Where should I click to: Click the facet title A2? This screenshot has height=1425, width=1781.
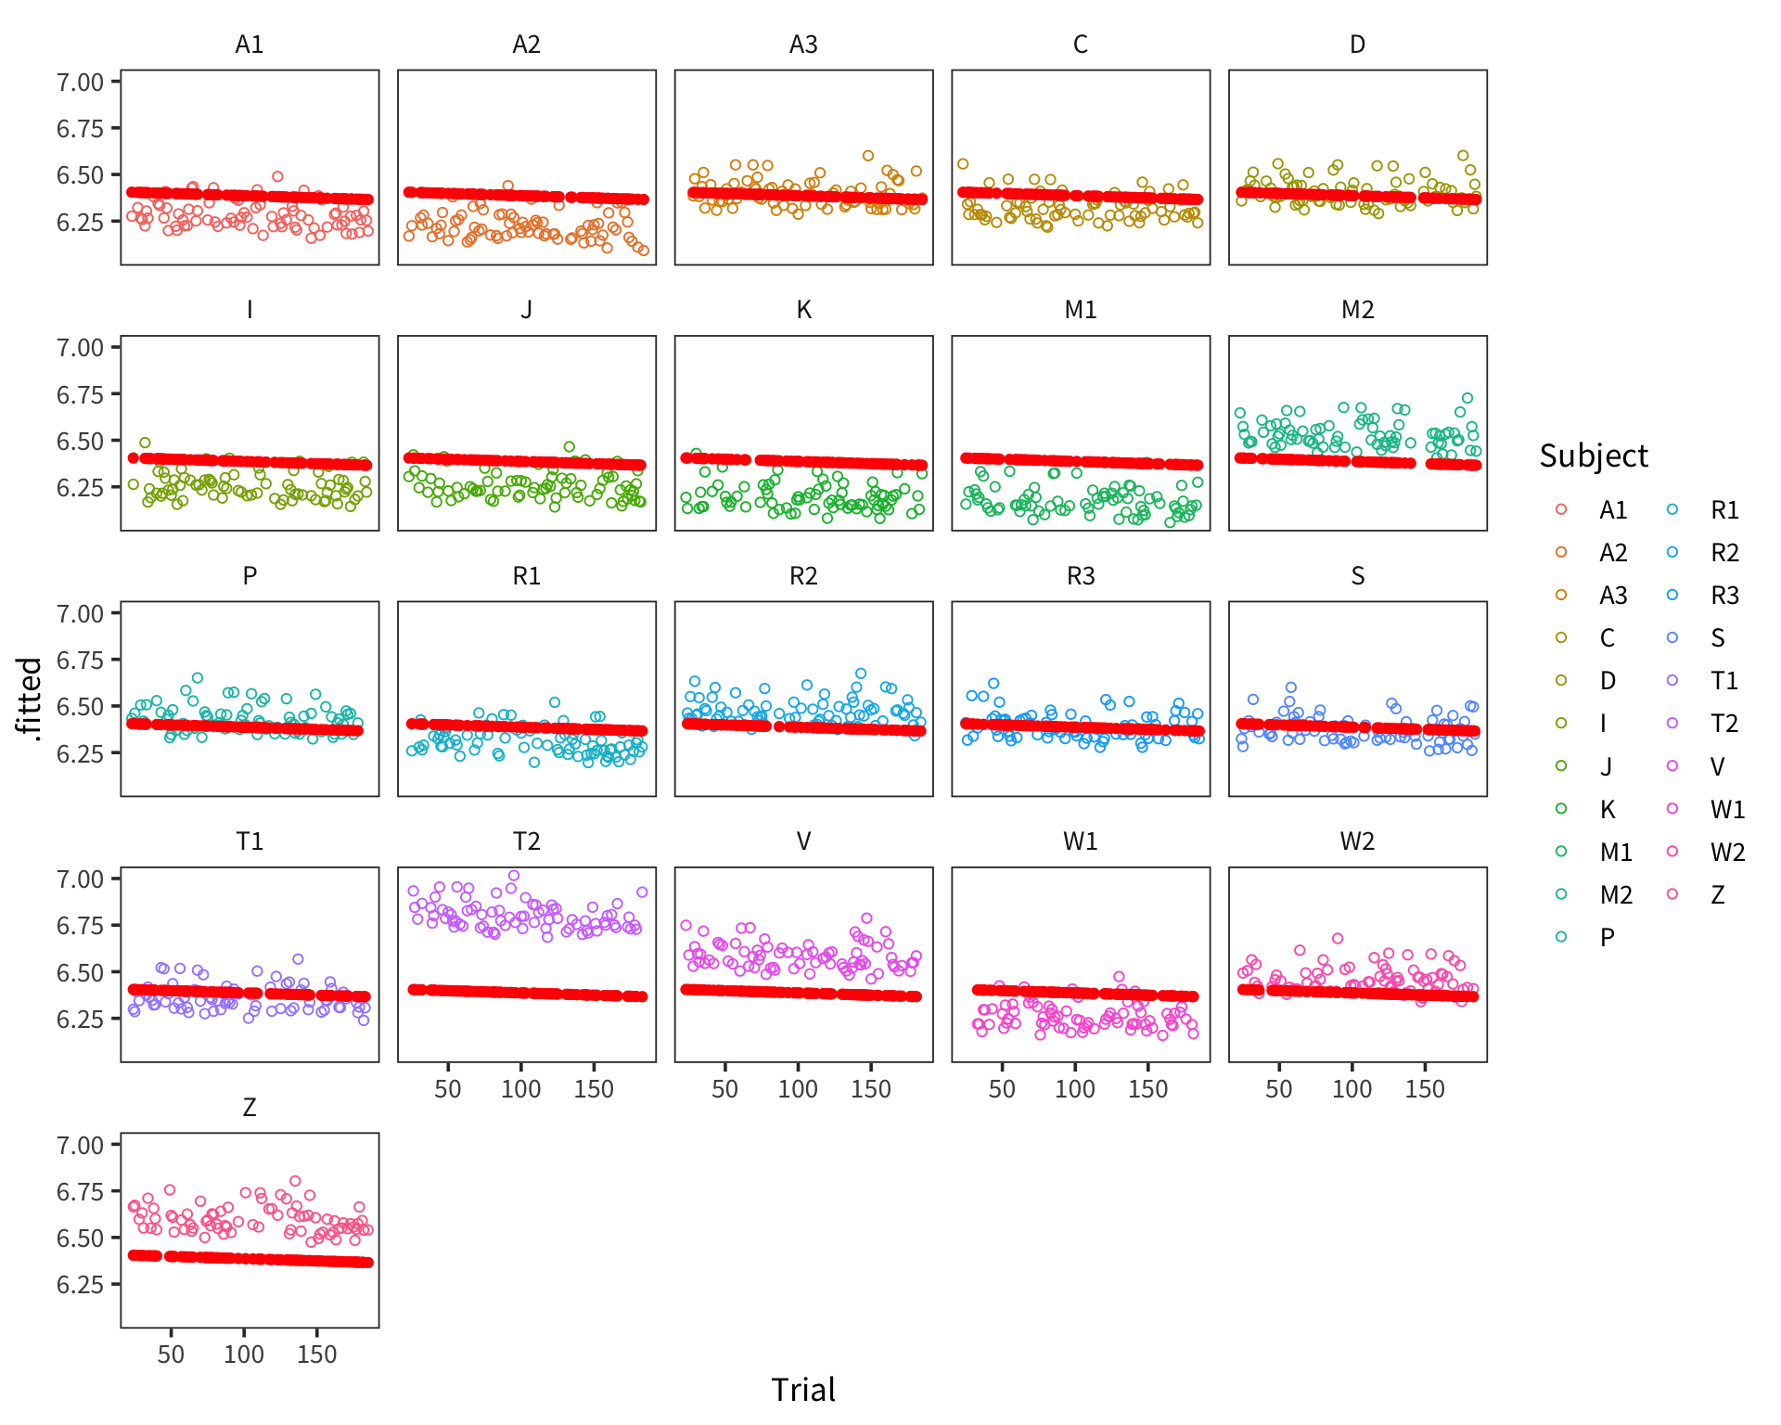coord(526,45)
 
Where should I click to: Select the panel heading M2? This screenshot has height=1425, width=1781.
coord(1357,310)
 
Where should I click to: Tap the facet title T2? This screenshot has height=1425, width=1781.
coord(526,841)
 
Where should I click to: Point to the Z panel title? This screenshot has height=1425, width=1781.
coord(249,1107)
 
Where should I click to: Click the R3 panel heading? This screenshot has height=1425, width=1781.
coord(1081,576)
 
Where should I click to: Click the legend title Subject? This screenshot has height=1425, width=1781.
coord(1593,456)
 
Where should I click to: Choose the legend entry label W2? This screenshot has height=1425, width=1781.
coord(1727,852)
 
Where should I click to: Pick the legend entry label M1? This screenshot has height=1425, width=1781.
coord(1616,852)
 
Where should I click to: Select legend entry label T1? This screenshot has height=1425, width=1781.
coord(1724,681)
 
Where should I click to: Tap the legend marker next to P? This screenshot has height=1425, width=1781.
coord(1561,937)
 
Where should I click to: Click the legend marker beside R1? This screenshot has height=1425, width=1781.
coord(1672,509)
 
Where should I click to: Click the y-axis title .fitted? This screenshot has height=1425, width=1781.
coord(30,699)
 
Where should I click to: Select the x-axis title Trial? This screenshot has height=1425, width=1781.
coord(803,1390)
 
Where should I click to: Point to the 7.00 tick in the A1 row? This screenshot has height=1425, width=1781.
coord(80,82)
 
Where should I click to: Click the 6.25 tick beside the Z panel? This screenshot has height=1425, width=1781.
coord(80,1284)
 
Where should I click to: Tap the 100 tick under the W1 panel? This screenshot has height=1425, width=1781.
coord(1074,1089)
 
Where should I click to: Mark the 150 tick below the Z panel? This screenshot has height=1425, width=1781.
coord(316,1354)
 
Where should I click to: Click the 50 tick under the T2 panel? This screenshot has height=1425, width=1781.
coord(447,1089)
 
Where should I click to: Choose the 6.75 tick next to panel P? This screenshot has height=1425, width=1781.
coord(80,660)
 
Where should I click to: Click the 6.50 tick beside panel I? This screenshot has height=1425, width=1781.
coord(80,441)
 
